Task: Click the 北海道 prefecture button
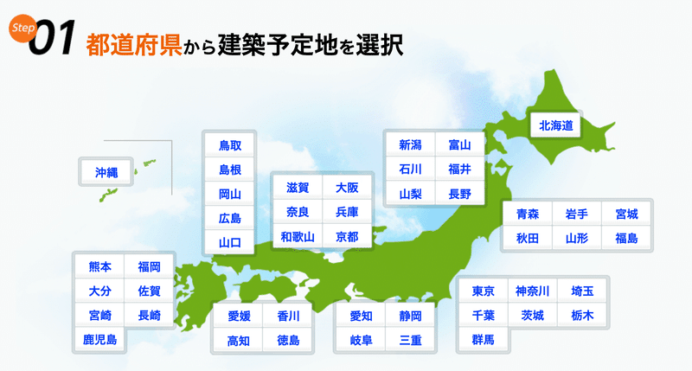pos(555,125)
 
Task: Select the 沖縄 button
pos(106,172)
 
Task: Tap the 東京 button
pos(484,291)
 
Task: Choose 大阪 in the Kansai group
pos(347,188)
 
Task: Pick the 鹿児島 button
pos(99,339)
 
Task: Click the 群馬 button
pos(484,339)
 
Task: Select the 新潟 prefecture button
pos(410,144)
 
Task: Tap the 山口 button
pos(230,242)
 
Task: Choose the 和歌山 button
pos(298,237)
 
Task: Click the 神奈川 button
pos(533,291)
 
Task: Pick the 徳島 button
pos(288,340)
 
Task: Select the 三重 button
pos(410,340)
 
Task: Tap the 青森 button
pos(528,214)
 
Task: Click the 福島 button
pos(626,238)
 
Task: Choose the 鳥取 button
pos(230,145)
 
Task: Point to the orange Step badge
pos(22,28)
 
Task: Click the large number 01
pos(53,38)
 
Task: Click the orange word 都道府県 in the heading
pos(134,45)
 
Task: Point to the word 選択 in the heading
pos(380,45)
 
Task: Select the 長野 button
pos(460,194)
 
